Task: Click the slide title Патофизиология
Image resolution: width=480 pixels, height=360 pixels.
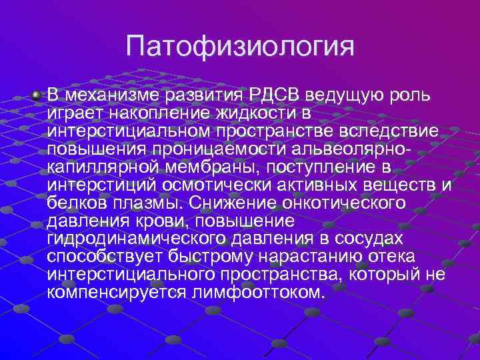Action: (239, 48)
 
